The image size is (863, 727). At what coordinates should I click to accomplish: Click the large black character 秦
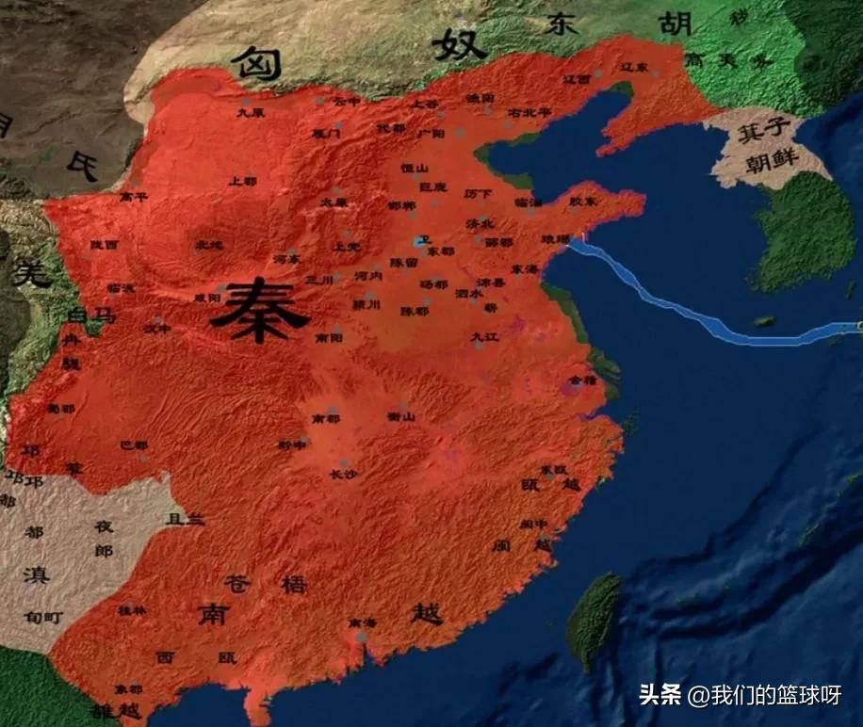(x=259, y=314)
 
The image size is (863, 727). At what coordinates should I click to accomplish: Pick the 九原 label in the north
(x=250, y=112)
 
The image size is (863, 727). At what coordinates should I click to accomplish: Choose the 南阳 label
(x=329, y=336)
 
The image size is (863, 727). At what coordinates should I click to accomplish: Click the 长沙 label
(x=343, y=475)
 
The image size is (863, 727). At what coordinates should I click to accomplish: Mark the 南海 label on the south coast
(x=362, y=623)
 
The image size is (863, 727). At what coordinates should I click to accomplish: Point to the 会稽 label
(x=584, y=380)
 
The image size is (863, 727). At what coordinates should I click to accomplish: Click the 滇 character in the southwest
(x=38, y=574)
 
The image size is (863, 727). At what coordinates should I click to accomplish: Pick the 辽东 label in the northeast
(x=634, y=69)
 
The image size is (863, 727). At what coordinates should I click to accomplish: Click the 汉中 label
(x=157, y=329)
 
